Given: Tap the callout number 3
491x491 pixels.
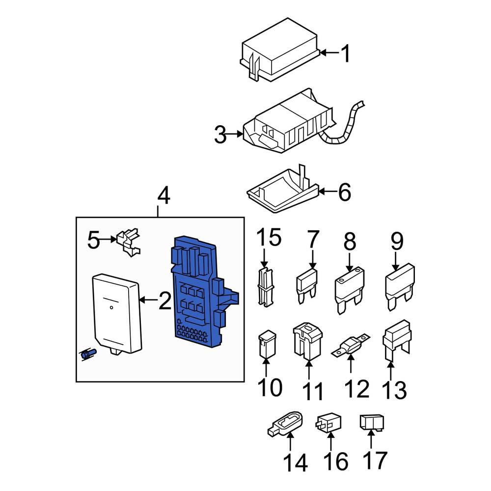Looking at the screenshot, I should (220, 134).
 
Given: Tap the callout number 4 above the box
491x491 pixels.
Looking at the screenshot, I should (164, 196).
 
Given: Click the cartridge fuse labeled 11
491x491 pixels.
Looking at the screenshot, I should (307, 341).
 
